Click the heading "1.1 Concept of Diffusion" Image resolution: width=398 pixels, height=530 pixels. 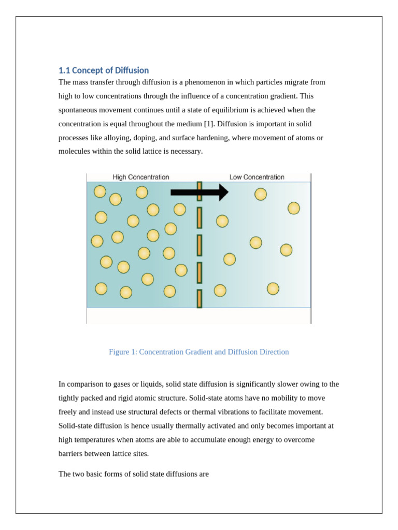(104, 70)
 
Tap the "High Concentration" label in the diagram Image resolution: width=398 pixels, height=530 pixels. (141, 177)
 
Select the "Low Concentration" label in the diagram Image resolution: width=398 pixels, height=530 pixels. (257, 177)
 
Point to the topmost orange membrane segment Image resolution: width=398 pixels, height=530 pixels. (200, 191)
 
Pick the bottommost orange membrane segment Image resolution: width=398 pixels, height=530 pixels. (200, 299)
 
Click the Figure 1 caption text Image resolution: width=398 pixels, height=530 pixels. (198, 352)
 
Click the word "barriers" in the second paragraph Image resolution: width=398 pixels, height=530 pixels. (71, 454)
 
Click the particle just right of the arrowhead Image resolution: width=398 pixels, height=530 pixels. (261, 194)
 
